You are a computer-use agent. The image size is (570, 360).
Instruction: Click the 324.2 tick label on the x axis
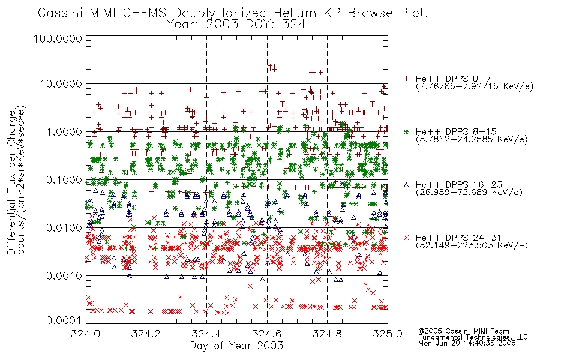146,334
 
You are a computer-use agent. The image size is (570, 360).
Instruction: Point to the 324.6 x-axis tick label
267,334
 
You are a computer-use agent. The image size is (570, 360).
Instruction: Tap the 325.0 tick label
388,334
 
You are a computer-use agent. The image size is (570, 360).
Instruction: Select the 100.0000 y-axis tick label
58,38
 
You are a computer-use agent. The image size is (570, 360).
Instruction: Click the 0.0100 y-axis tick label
64,228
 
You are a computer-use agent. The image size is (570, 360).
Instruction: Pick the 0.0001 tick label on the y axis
64,320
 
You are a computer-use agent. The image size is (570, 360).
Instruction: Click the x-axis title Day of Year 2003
236,346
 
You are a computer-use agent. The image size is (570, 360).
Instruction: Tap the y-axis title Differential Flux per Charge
11,182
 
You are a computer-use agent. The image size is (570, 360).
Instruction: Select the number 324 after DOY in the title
295,25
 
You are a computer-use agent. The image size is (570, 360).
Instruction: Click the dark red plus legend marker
407,79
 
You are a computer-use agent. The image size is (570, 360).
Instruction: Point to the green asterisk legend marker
407,131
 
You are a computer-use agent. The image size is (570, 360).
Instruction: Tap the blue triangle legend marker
407,185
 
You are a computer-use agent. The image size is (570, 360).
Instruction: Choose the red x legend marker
407,238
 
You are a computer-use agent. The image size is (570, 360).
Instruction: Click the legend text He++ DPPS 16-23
459,185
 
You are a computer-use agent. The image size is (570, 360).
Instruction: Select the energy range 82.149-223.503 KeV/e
472,245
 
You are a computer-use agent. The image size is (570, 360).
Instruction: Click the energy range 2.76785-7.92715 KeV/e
475,86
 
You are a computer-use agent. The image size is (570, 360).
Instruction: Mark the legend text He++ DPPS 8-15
456,131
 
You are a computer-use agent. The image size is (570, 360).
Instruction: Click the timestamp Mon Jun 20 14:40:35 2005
467,343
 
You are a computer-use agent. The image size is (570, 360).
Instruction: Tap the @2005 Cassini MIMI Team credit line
464,331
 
